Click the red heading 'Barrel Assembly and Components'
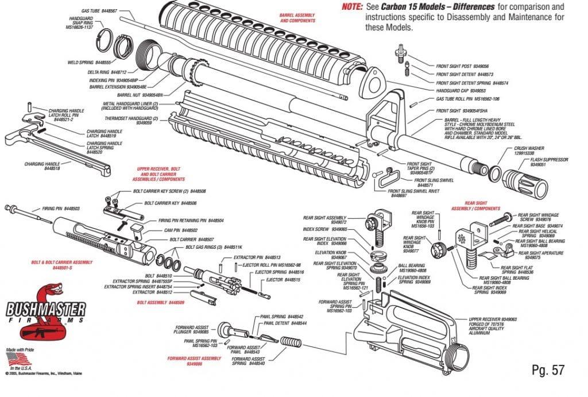pyautogui.click(x=297, y=18)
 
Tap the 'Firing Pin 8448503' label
pyautogui.click(x=60, y=209)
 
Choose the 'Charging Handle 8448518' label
pyautogui.click(x=40, y=167)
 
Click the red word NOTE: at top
pyautogui.click(x=352, y=7)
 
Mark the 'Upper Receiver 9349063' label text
pyautogui.click(x=493, y=319)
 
